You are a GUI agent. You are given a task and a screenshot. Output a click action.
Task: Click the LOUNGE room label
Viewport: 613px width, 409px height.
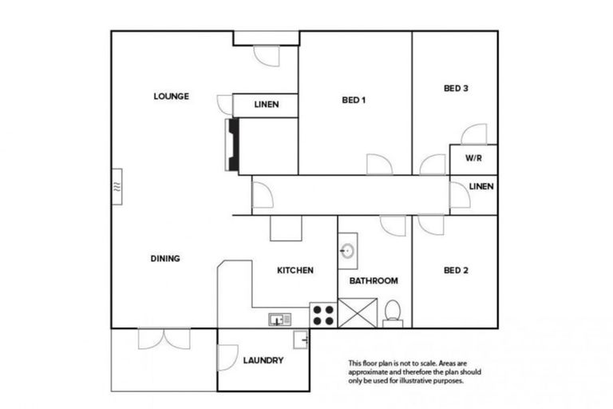171,97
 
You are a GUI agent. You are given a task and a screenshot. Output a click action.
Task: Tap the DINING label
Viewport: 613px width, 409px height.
165,259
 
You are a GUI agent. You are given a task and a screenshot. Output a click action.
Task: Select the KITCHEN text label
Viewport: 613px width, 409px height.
295,271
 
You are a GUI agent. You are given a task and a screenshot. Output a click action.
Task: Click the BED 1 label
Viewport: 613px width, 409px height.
354,101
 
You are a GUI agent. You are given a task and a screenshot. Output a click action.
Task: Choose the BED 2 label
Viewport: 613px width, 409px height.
455,271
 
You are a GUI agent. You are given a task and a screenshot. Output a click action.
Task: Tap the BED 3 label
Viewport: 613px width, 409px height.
455,89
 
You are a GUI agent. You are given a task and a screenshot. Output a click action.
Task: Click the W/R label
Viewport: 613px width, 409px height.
473,159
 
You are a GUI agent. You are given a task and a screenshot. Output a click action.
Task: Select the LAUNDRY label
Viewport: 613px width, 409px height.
263,360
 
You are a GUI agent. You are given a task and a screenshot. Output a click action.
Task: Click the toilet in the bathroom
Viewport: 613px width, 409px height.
393,312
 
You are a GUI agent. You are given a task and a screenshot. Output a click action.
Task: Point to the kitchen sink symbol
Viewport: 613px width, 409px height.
280,320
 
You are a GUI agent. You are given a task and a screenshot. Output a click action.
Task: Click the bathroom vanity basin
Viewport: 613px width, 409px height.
347,251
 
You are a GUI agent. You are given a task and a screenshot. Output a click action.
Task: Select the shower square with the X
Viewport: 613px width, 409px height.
357,312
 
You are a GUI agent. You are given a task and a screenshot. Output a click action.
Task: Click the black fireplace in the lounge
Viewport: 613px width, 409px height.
233,145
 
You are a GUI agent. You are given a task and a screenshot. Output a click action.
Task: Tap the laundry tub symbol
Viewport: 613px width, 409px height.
301,340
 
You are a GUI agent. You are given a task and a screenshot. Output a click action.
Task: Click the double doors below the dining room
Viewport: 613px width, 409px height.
164,339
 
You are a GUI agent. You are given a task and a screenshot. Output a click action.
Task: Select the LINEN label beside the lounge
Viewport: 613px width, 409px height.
266,105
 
